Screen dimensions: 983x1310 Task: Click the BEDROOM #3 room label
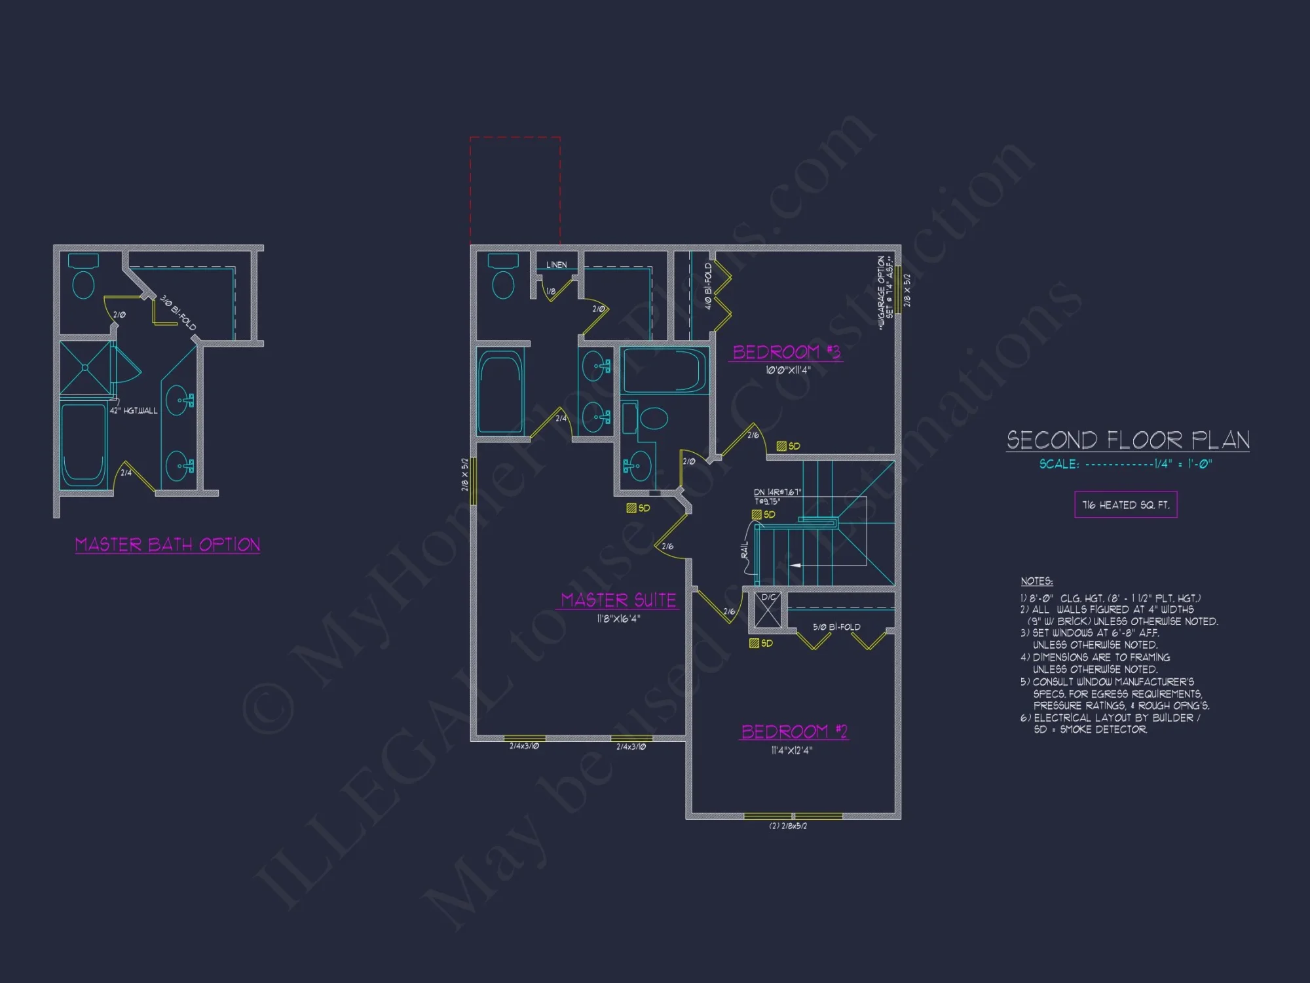(x=786, y=353)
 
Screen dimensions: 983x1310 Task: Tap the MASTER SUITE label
(x=618, y=600)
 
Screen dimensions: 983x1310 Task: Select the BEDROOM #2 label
(x=794, y=731)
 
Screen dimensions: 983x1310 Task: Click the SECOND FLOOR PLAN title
(x=1128, y=440)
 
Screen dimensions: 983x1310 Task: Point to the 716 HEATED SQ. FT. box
(x=1125, y=505)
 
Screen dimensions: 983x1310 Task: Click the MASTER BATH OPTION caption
(x=168, y=545)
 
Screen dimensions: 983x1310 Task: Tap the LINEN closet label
(x=556, y=265)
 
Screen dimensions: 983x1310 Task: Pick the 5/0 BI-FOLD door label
(x=836, y=627)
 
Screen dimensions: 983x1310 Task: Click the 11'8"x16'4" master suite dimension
(x=618, y=619)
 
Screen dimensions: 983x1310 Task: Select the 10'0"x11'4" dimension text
(x=788, y=370)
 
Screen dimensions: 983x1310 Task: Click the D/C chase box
(x=768, y=609)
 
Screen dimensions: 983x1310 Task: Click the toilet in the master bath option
(x=83, y=278)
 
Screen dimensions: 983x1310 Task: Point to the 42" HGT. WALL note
(x=134, y=411)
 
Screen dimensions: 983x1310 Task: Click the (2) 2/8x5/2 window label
(x=788, y=826)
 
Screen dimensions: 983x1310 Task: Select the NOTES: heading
(x=1036, y=581)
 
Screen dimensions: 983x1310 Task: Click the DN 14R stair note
(x=777, y=492)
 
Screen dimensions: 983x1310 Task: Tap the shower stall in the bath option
(x=86, y=368)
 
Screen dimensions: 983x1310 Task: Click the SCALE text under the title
(x=1125, y=464)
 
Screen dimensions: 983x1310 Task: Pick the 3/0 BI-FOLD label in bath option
(x=178, y=313)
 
